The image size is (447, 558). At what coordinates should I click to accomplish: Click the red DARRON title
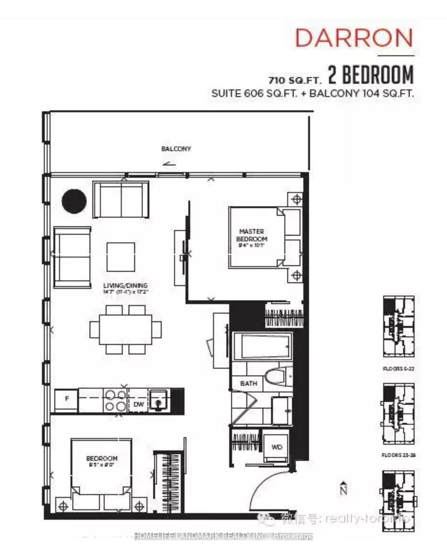(x=354, y=38)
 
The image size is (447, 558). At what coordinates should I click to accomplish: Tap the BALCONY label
(x=176, y=149)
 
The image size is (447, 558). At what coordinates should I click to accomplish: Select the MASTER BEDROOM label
(x=252, y=235)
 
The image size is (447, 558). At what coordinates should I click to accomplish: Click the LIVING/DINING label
(x=125, y=285)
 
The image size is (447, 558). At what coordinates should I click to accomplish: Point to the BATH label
(x=248, y=383)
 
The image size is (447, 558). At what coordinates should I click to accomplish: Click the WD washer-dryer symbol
(x=276, y=447)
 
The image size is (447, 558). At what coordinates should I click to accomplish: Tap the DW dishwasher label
(x=138, y=404)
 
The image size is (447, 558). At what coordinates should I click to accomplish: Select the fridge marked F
(x=67, y=399)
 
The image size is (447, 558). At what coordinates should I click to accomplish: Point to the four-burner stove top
(x=116, y=400)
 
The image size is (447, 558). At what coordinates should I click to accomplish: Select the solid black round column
(x=74, y=201)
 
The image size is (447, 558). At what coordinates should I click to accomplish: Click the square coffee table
(x=121, y=257)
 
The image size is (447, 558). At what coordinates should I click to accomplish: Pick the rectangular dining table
(x=126, y=329)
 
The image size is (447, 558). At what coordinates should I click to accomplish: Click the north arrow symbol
(x=343, y=488)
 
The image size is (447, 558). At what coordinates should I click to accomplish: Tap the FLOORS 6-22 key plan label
(x=398, y=369)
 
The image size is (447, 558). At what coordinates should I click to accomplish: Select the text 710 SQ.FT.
(x=295, y=80)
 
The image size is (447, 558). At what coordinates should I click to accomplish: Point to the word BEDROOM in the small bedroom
(x=102, y=458)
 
